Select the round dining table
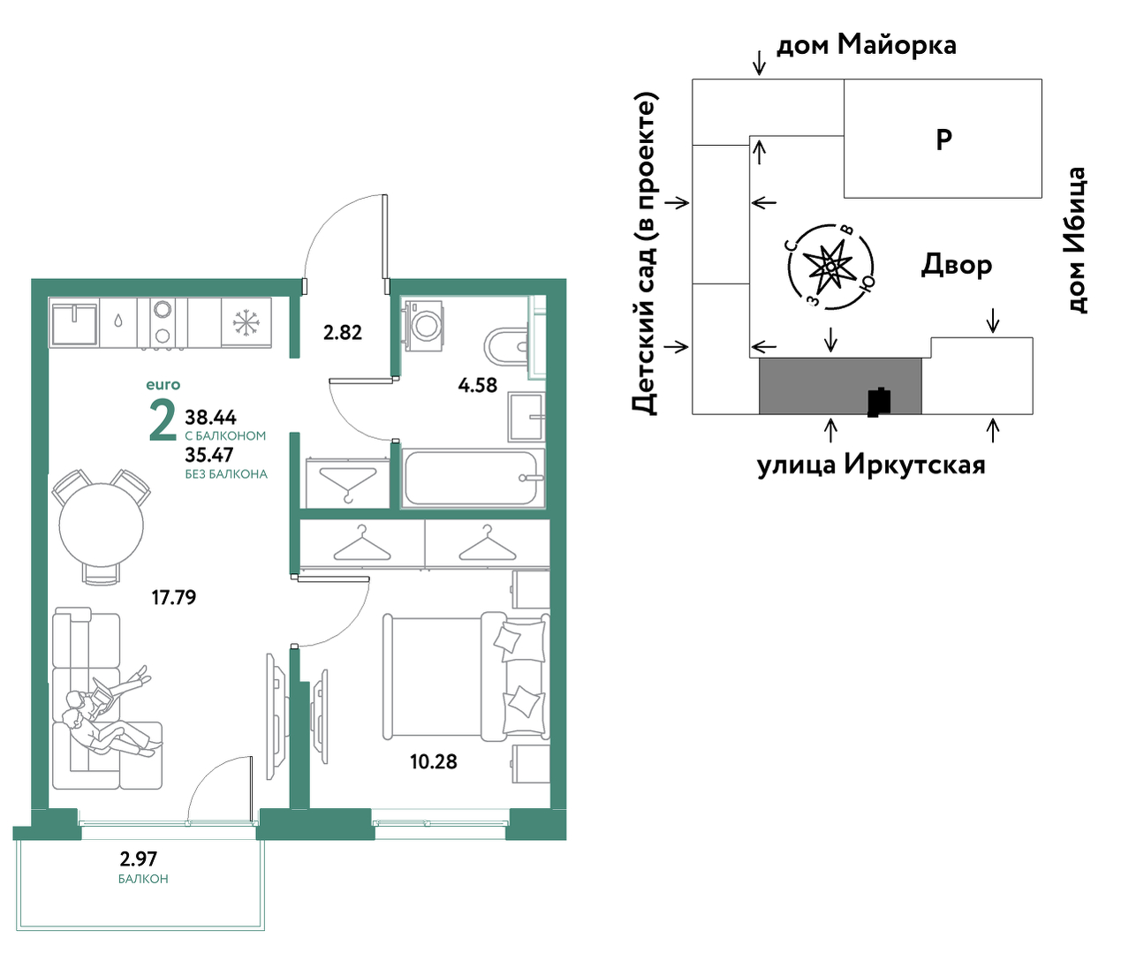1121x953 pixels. (101, 526)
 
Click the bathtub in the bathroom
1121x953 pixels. (472, 479)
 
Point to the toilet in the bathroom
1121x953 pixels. (506, 346)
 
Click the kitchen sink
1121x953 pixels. (73, 322)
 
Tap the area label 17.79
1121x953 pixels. (173, 597)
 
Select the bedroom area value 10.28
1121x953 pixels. (434, 761)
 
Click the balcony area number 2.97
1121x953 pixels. (139, 858)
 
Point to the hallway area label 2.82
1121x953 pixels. (342, 332)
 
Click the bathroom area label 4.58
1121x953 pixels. (477, 385)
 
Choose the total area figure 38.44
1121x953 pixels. (210, 417)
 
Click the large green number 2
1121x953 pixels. (163, 419)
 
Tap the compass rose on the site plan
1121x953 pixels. (830, 267)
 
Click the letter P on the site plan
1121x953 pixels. (943, 140)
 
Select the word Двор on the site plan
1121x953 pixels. (957, 265)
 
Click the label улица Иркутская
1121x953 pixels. (871, 465)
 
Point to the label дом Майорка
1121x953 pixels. (866, 45)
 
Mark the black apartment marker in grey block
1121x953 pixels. (879, 402)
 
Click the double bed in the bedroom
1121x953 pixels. (466, 677)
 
